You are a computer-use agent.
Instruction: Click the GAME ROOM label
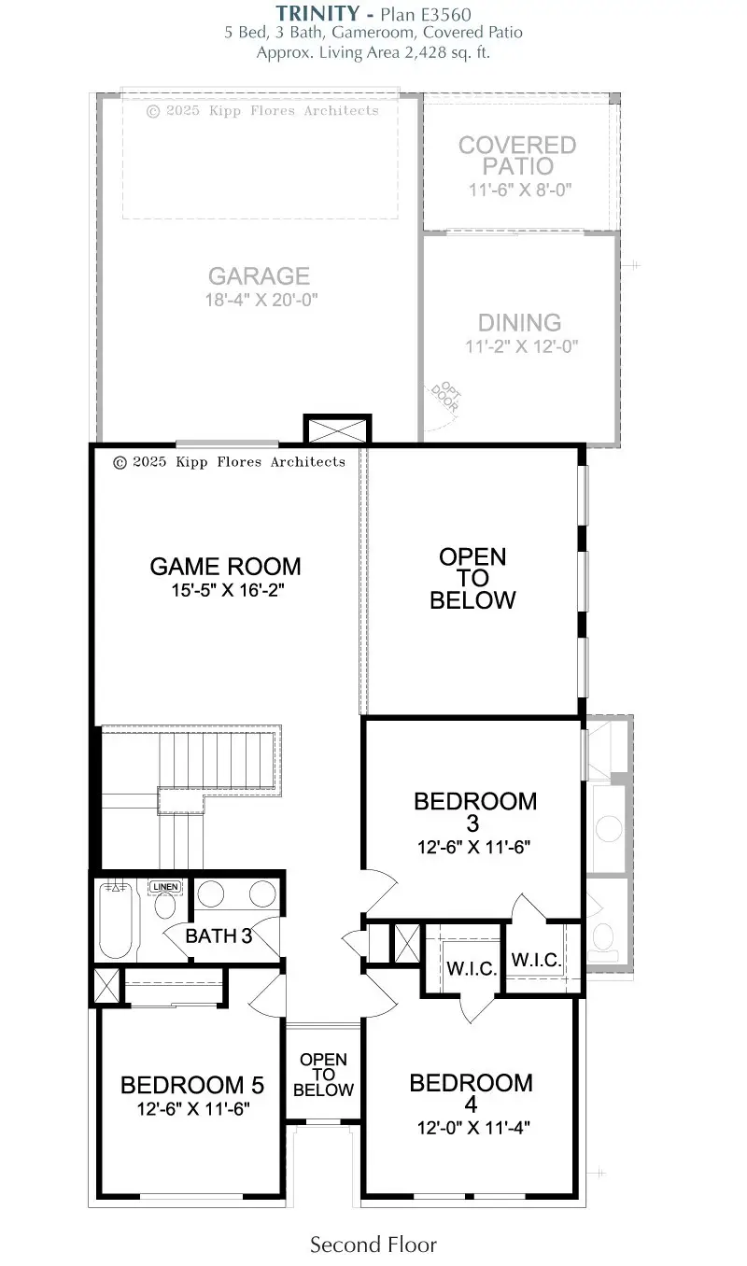[x=225, y=566]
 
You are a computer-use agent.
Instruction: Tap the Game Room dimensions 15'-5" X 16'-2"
[x=225, y=591]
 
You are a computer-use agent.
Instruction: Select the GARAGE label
[x=259, y=276]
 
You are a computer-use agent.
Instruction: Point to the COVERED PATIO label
[x=517, y=156]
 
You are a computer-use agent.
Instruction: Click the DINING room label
[x=519, y=323]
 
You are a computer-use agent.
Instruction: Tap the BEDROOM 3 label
[x=474, y=812]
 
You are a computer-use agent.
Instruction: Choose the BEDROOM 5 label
[x=192, y=1085]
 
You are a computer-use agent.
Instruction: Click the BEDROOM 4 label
[x=472, y=1093]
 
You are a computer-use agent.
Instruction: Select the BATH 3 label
[x=218, y=935]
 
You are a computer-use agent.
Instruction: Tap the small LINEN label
[x=164, y=886]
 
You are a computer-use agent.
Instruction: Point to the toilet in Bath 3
[x=164, y=907]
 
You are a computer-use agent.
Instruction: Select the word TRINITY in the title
[x=316, y=13]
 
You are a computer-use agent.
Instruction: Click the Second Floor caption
[x=373, y=1244]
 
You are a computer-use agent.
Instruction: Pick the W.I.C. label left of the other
[x=471, y=968]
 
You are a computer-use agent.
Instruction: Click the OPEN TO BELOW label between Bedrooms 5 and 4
[x=323, y=1075]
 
